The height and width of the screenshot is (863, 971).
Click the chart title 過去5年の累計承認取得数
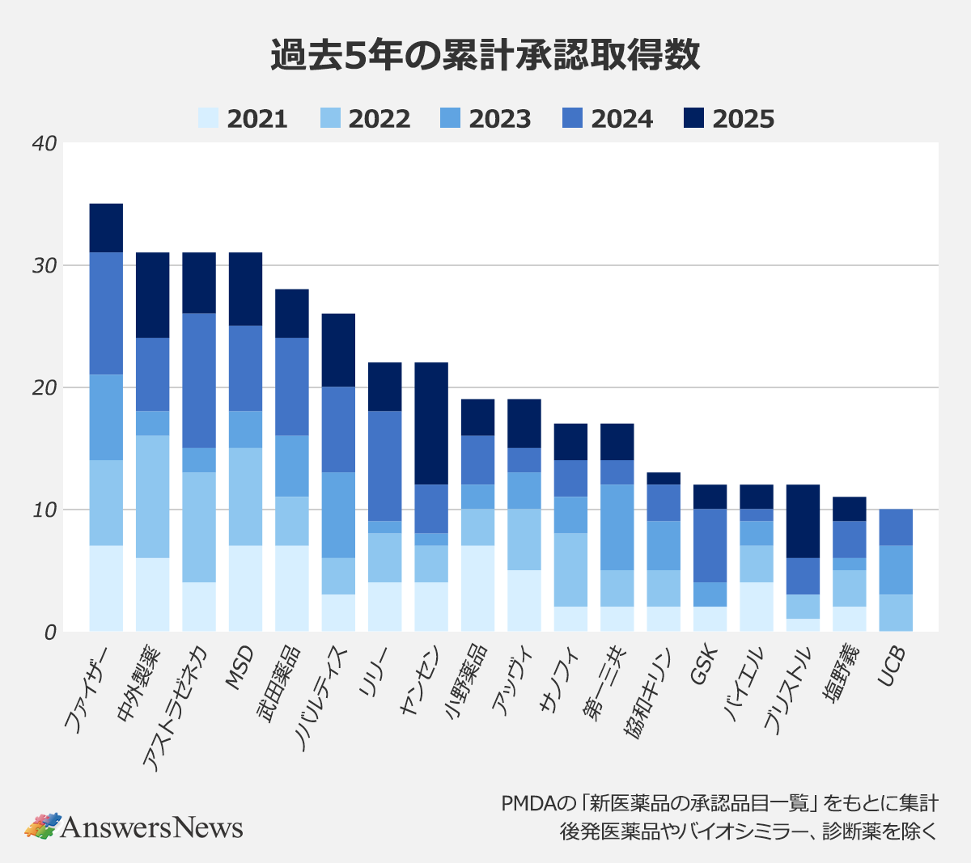[x=485, y=56]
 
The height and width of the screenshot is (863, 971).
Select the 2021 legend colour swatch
[x=209, y=118]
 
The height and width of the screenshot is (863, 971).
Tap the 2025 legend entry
[x=728, y=118]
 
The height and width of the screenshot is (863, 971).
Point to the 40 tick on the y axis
[x=45, y=144]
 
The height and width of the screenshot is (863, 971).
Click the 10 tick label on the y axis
[x=45, y=510]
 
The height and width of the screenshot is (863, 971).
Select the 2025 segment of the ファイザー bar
[x=106, y=228]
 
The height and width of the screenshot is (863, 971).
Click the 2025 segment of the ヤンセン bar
[x=431, y=423]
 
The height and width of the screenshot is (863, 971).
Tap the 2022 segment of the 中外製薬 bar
[x=152, y=497]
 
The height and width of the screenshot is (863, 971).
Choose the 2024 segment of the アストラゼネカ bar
[x=199, y=380]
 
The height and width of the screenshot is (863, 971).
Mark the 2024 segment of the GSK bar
[x=710, y=545]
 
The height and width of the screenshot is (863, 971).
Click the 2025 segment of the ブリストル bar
[x=803, y=521]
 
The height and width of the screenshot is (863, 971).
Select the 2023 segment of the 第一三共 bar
[x=617, y=527]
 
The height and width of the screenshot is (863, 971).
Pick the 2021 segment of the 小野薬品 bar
[x=477, y=588]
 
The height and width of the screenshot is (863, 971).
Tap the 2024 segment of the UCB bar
[x=896, y=527]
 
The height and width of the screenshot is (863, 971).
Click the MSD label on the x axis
[x=240, y=668]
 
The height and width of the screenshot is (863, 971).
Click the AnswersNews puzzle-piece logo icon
[x=43, y=826]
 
